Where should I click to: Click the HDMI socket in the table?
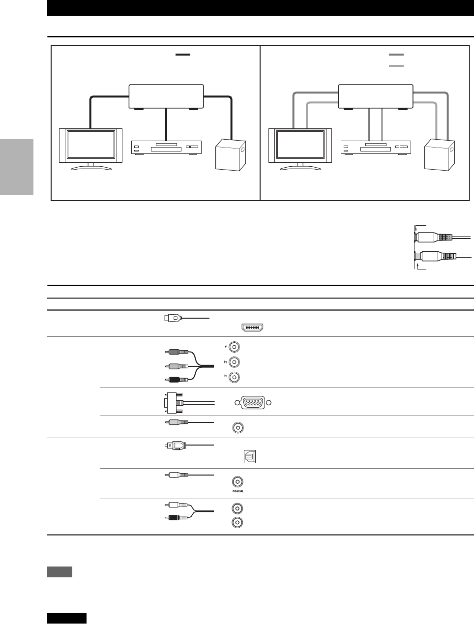[251, 328]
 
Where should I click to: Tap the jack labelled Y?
[235, 347]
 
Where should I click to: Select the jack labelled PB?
[235, 362]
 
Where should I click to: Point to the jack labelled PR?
[235, 378]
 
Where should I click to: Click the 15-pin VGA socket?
[253, 403]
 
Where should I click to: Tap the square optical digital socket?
[250, 457]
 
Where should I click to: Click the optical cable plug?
[175, 446]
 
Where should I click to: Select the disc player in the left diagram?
[167, 148]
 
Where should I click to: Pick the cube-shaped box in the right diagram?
[440, 155]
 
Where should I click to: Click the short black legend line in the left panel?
[182, 54]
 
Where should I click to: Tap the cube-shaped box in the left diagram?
[231, 155]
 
